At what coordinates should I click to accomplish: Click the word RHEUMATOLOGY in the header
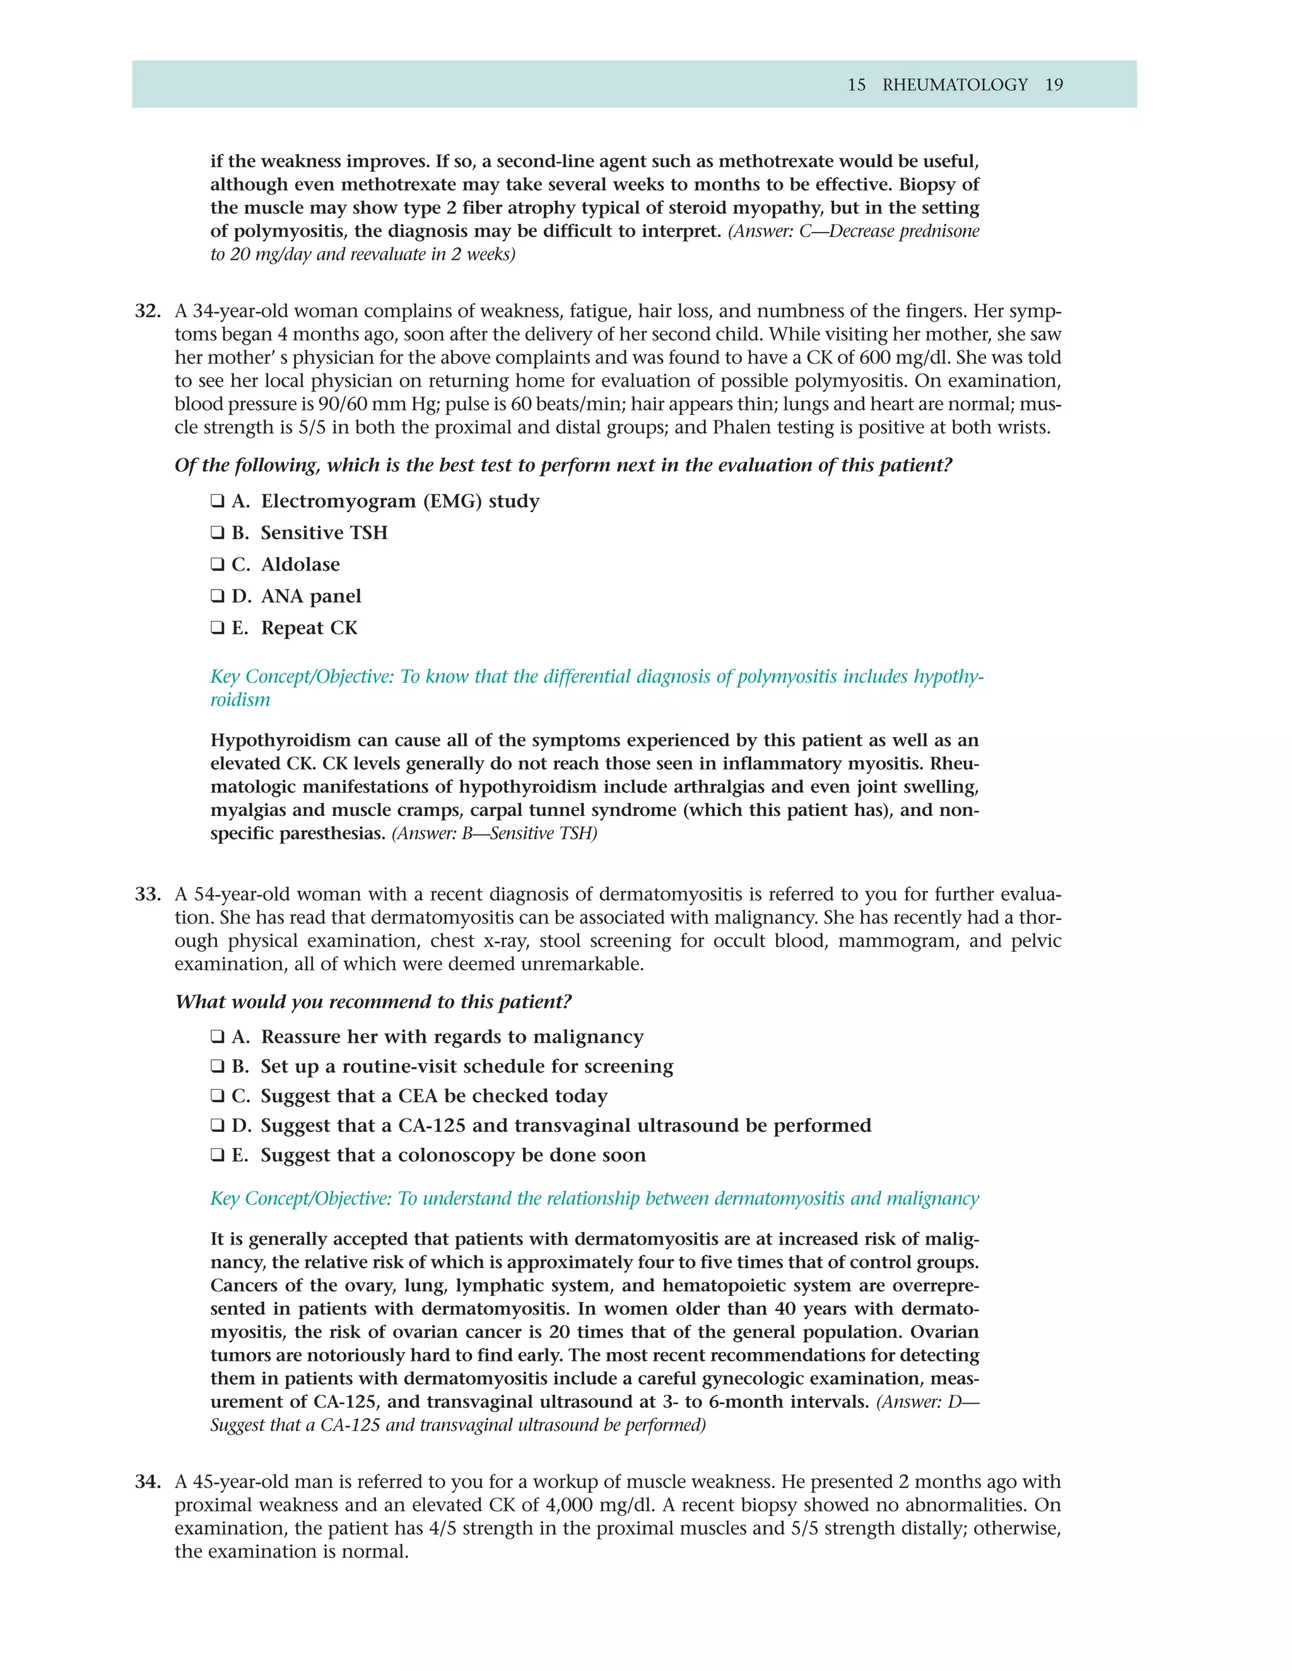click(x=954, y=85)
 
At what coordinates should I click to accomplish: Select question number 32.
click(x=148, y=311)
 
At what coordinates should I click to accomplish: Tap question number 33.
click(x=148, y=894)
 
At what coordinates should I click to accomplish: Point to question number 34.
click(x=148, y=1482)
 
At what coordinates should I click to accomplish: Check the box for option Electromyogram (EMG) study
click(x=218, y=501)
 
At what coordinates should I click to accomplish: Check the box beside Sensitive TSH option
click(x=218, y=533)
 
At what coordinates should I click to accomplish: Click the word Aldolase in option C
click(x=300, y=564)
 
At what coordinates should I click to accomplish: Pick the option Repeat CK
click(x=308, y=628)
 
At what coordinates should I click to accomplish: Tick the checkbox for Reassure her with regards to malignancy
click(x=218, y=1037)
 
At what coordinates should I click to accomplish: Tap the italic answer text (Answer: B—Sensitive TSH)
click(x=494, y=833)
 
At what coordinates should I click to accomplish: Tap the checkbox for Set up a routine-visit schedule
click(x=218, y=1066)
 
